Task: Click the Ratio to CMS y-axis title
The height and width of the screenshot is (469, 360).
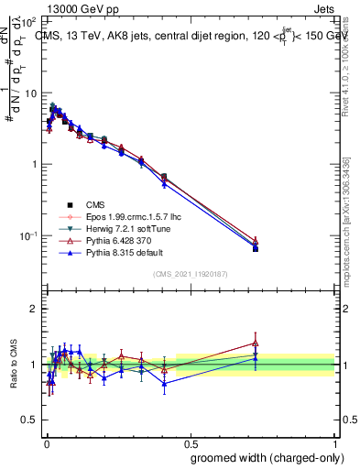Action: (x=12, y=365)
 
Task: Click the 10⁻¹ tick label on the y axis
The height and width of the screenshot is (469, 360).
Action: (x=28, y=235)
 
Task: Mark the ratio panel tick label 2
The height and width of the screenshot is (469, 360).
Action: (x=34, y=310)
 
